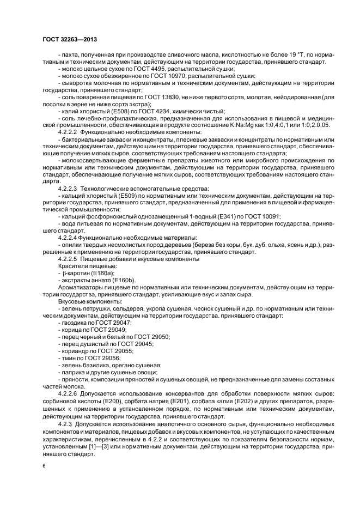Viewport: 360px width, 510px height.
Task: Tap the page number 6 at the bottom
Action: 44,466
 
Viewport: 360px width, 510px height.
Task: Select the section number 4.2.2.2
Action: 68,132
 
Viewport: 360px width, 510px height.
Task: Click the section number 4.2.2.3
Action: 68,188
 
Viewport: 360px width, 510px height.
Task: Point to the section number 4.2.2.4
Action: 68,238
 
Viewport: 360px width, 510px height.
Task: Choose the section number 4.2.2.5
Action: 68,259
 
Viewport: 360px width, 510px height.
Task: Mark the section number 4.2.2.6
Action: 68,393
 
